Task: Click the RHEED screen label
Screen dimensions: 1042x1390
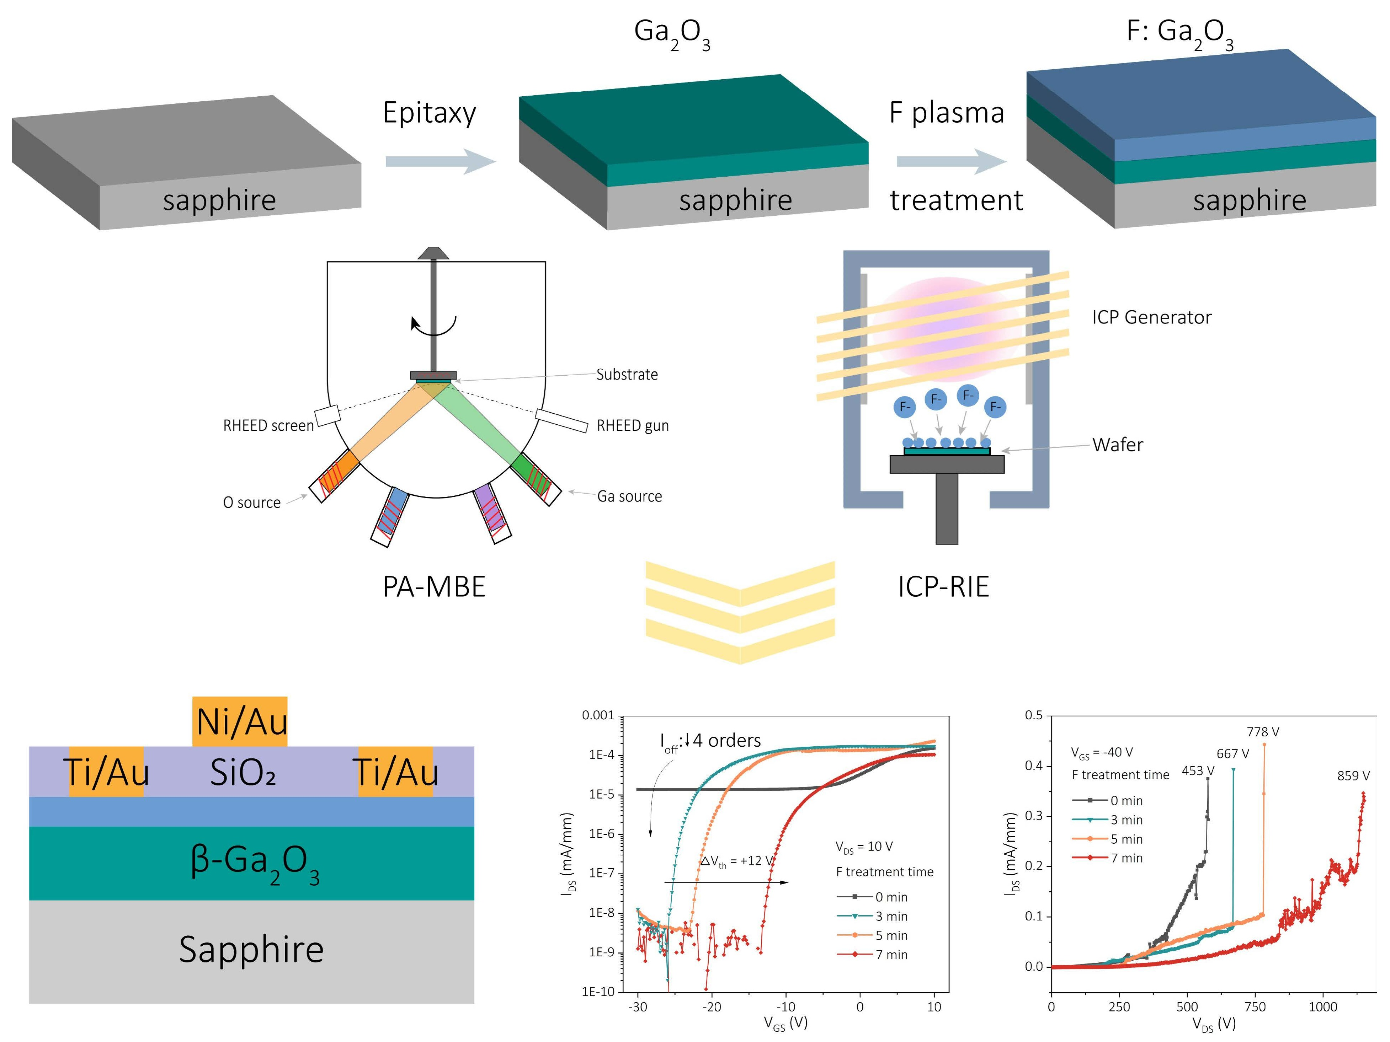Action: pos(268,426)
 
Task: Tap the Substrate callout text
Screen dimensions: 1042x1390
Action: pos(627,374)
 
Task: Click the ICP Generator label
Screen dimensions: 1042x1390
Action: pos(1151,317)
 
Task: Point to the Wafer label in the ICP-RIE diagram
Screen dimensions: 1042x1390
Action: pos(1117,445)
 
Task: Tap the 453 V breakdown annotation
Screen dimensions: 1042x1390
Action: pos(1198,771)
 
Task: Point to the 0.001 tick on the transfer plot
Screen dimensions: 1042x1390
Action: pos(598,715)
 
